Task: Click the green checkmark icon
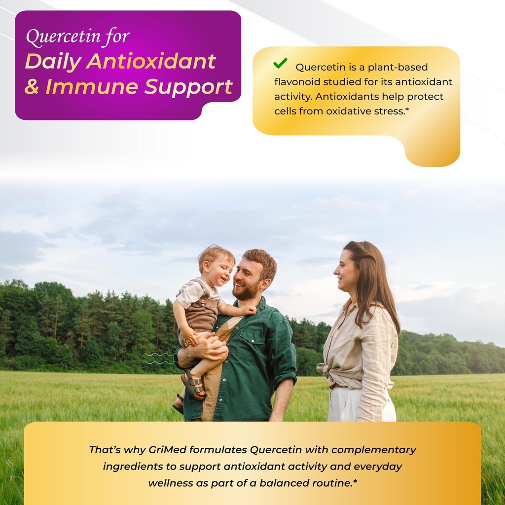pos(280,64)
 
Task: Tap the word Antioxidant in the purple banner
pos(151,62)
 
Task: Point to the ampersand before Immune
pos(32,87)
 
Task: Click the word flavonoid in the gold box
pos(298,82)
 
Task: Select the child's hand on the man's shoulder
pos(249,310)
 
